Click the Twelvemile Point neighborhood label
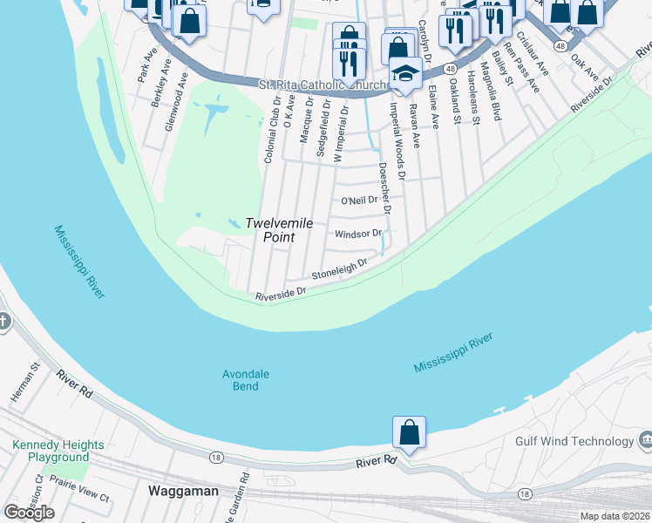(x=278, y=230)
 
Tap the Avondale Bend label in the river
(x=246, y=380)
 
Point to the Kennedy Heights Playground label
(x=58, y=451)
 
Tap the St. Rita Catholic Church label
(x=322, y=85)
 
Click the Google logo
(x=29, y=512)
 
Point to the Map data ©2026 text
(x=615, y=516)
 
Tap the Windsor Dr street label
(x=358, y=234)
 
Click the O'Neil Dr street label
(x=358, y=200)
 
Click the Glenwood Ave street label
(x=176, y=102)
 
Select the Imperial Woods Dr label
(x=397, y=142)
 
